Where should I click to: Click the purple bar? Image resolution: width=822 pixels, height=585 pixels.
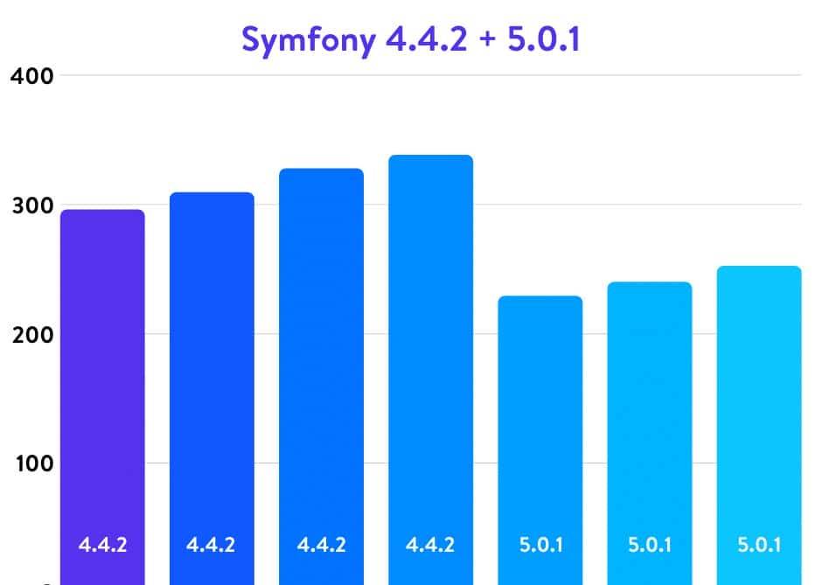click(x=102, y=393)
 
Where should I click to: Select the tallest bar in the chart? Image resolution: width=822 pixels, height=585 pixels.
click(x=430, y=367)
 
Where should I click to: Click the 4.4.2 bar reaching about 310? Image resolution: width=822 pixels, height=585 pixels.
click(x=212, y=385)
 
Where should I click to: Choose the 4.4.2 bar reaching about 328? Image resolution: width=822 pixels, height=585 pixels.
click(x=321, y=376)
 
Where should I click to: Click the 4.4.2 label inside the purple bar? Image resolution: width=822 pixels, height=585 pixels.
click(x=102, y=545)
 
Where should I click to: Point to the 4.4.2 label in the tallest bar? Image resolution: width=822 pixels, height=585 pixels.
click(x=430, y=545)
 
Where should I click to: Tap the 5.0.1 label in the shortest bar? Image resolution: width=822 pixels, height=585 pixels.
click(x=540, y=545)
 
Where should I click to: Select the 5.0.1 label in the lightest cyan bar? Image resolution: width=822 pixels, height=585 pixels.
click(x=758, y=545)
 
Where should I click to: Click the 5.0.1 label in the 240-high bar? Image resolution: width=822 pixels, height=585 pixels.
click(x=649, y=545)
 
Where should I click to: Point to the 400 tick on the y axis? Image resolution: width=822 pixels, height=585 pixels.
click(x=32, y=75)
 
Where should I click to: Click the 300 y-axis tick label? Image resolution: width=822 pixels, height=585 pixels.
click(x=32, y=205)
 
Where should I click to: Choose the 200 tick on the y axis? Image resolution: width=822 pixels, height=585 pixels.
click(x=32, y=334)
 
